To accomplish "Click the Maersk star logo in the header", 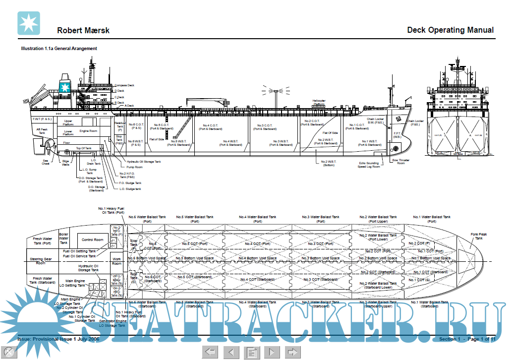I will pyautogui.click(x=29, y=23).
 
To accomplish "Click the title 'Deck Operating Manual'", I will pyautogui.click(x=450, y=30).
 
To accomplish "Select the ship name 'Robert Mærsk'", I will pyautogui.click(x=83, y=30).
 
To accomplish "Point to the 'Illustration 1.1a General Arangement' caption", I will pyautogui.click(x=59, y=49).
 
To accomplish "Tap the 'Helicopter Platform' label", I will pyautogui.click(x=319, y=102).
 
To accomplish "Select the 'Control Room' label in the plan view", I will pyautogui.click(x=92, y=240).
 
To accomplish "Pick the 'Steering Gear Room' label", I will pyautogui.click(x=41, y=261).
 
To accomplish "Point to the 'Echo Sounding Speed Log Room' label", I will pyautogui.click(x=369, y=165).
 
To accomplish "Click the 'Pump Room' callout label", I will pyautogui.click(x=134, y=167).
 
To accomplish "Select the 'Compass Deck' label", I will pyautogui.click(x=125, y=85).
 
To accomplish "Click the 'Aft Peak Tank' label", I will pyautogui.click(x=42, y=131).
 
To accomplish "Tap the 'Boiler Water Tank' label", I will pyautogui.click(x=63, y=238).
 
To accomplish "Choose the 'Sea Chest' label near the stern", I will pyautogui.click(x=46, y=163).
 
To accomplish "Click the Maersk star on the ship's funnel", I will pyautogui.click(x=64, y=88).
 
